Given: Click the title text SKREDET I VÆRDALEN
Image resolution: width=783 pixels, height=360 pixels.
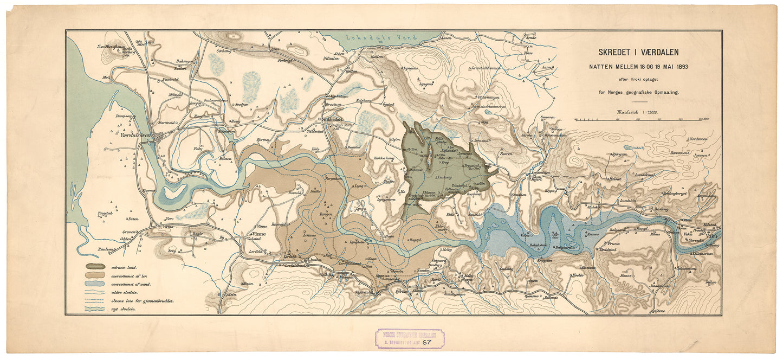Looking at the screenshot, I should coord(638,53).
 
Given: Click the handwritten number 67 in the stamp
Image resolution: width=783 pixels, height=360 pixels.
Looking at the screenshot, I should coord(427,342).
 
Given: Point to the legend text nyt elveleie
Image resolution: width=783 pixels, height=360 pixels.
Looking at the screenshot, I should coord(123,308).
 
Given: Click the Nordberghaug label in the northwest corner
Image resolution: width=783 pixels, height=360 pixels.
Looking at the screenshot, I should coord(111,47).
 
